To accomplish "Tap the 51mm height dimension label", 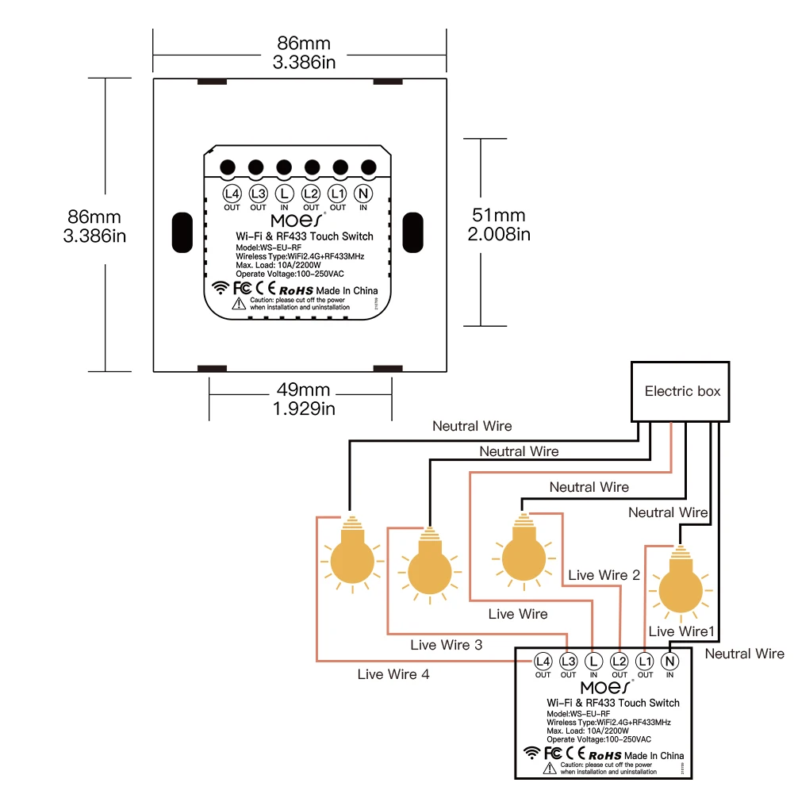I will tap(499, 224).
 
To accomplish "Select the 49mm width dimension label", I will tap(304, 399).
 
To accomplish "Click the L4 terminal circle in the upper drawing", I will tap(232, 194).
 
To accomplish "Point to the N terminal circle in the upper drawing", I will tap(363, 194).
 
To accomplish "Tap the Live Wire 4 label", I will tap(393, 675).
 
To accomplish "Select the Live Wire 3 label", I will tap(446, 645).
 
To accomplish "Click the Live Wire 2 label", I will tap(604, 575).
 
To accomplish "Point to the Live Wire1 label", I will tap(682, 631).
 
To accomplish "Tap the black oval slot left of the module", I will tap(182, 232).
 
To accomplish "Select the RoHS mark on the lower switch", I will tap(604, 756).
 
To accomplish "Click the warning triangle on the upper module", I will tap(238, 304).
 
